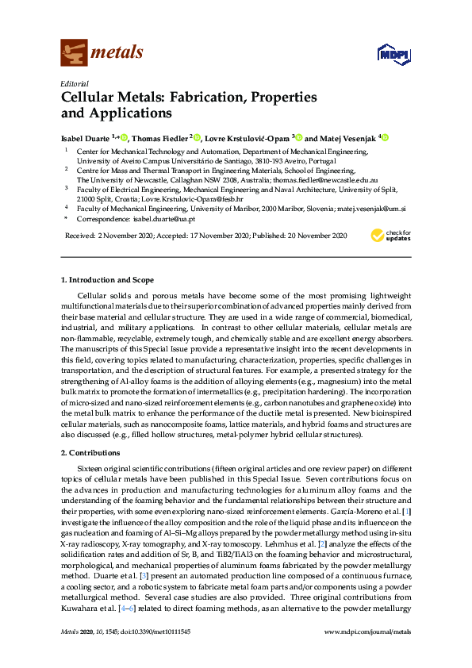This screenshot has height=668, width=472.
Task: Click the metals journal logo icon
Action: [75, 52]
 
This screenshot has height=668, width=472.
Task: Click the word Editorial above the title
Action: [75, 83]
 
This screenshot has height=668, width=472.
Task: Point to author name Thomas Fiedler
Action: [159, 137]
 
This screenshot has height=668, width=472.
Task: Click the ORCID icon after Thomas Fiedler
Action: [198, 137]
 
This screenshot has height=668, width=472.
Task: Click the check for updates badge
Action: [390, 236]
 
